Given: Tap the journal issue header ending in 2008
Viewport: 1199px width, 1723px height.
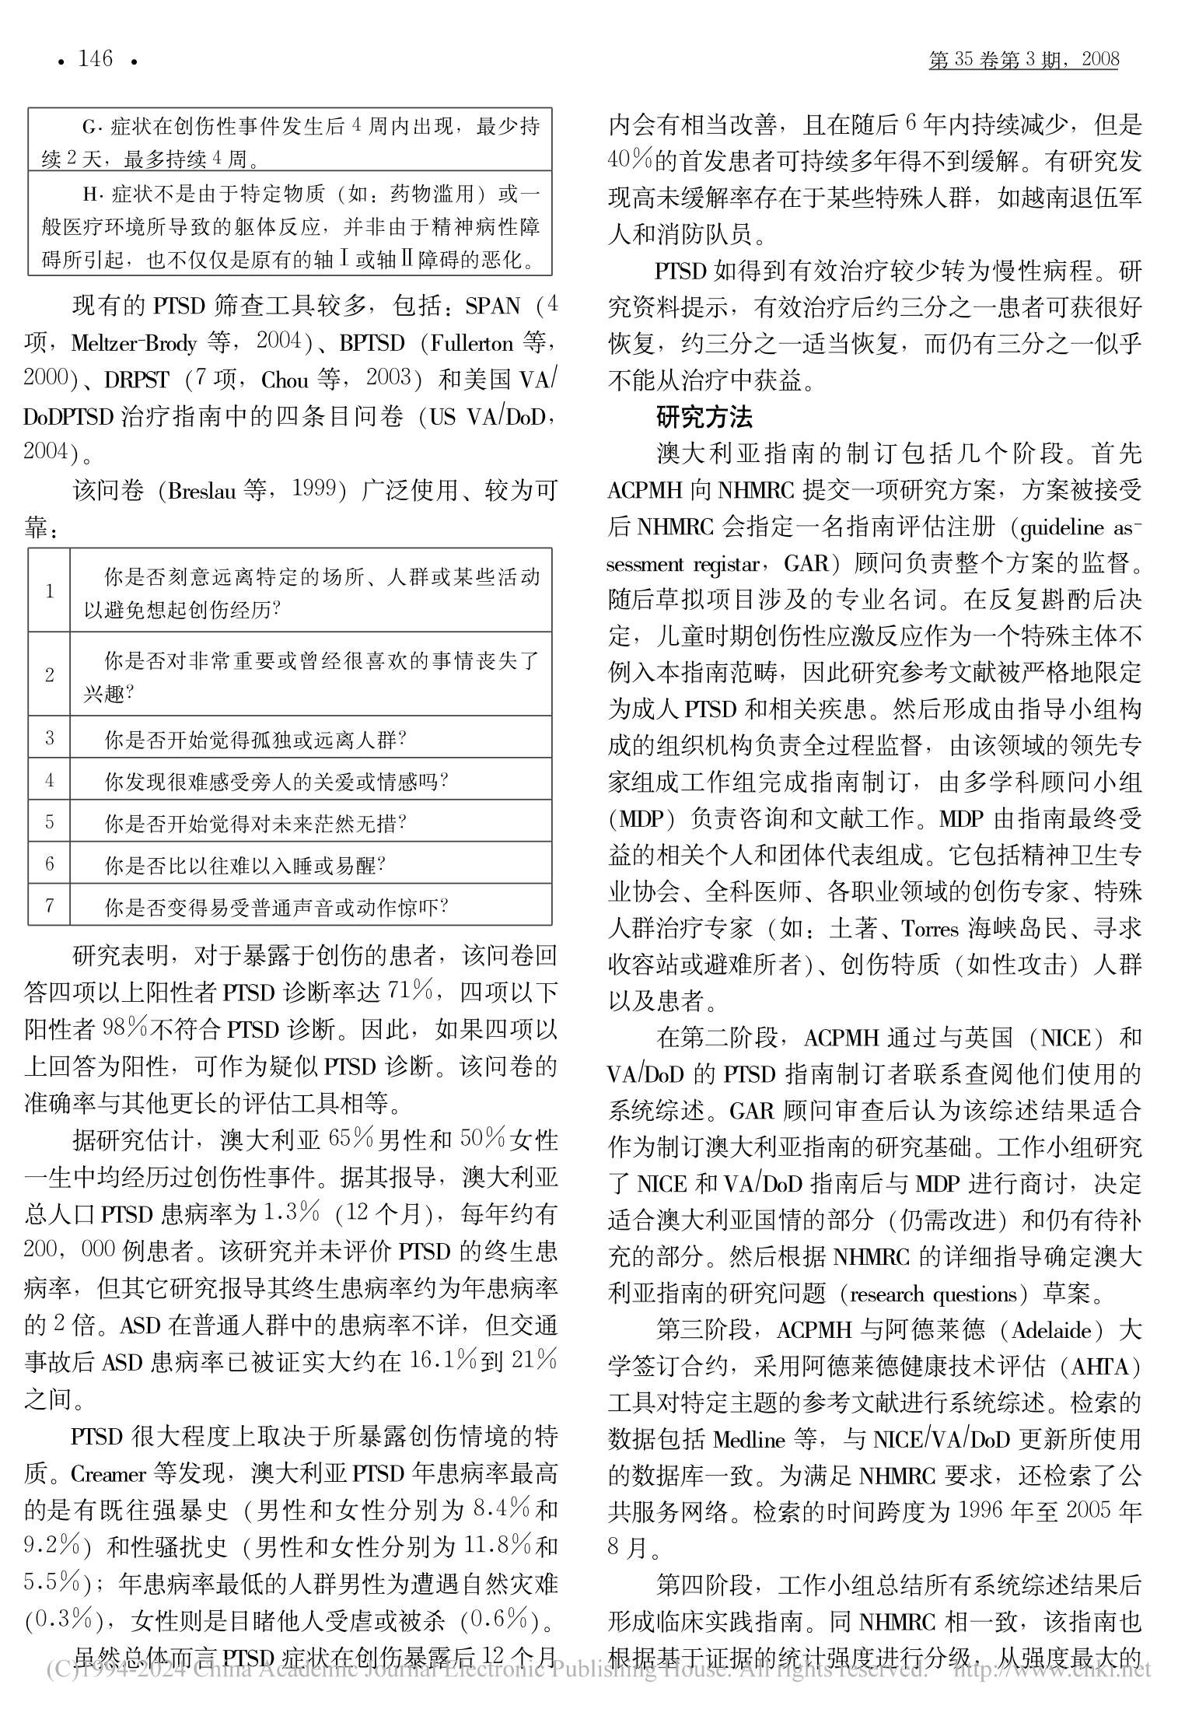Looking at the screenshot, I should click(1023, 59).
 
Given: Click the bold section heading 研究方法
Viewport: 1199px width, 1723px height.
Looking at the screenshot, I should click(704, 418).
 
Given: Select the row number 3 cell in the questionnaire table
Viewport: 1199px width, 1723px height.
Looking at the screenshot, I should click(50, 737).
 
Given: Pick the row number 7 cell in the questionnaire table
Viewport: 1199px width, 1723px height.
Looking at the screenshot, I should click(50, 905).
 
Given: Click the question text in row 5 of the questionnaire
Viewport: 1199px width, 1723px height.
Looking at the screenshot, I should click(256, 822).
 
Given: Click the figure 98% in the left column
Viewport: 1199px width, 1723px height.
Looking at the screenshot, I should click(125, 1028).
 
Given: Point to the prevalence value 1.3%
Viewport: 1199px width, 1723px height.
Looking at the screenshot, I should click(292, 1212).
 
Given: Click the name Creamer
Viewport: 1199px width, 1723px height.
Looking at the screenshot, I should click(109, 1474).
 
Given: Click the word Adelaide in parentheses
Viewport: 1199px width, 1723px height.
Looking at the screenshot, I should click(1051, 1330).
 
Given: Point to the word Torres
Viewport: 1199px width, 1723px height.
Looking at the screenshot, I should click(930, 929).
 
